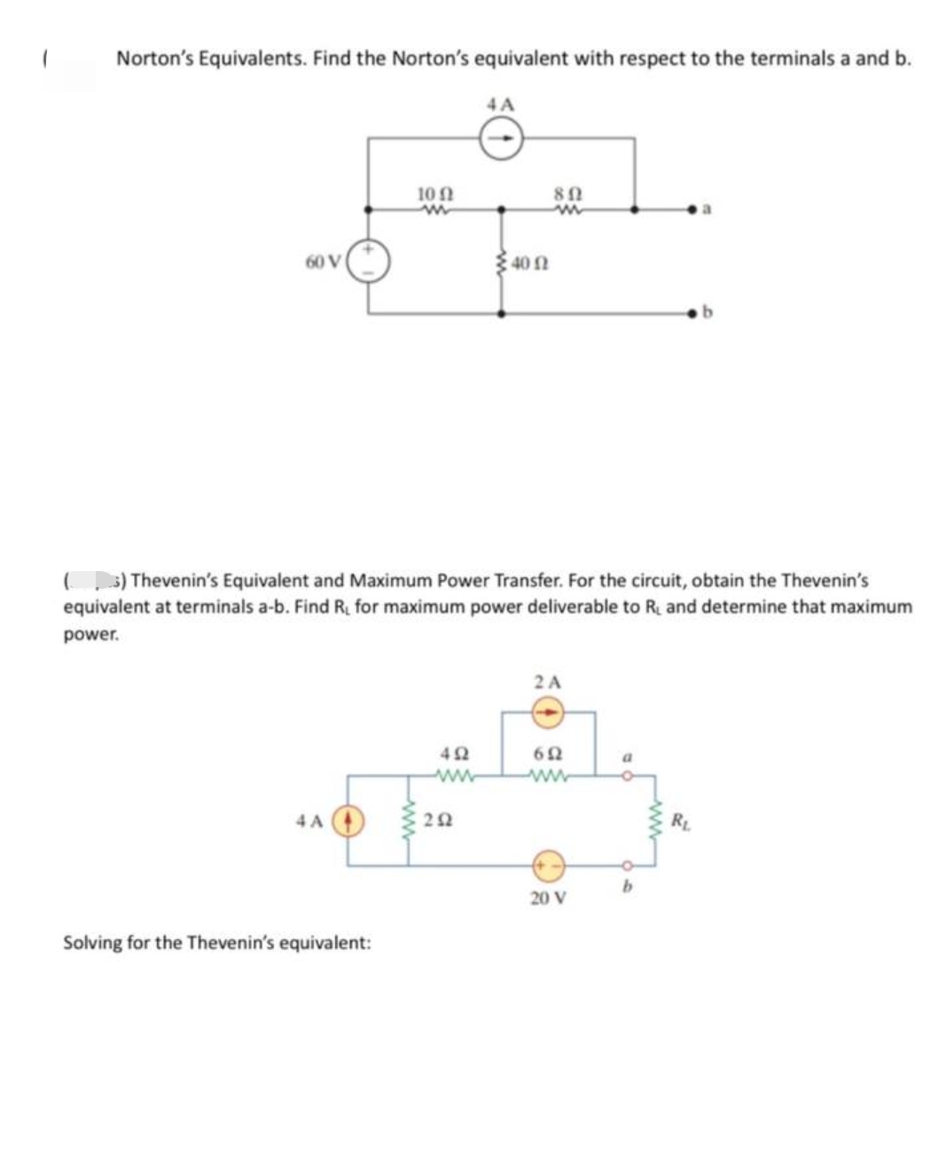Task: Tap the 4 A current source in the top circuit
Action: pos(501,139)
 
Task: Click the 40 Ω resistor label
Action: pos(529,263)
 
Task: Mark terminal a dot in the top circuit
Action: pos(698,210)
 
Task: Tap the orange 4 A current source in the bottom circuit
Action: pos(348,820)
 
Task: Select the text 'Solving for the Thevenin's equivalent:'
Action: pos(217,942)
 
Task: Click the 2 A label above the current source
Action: pos(548,683)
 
